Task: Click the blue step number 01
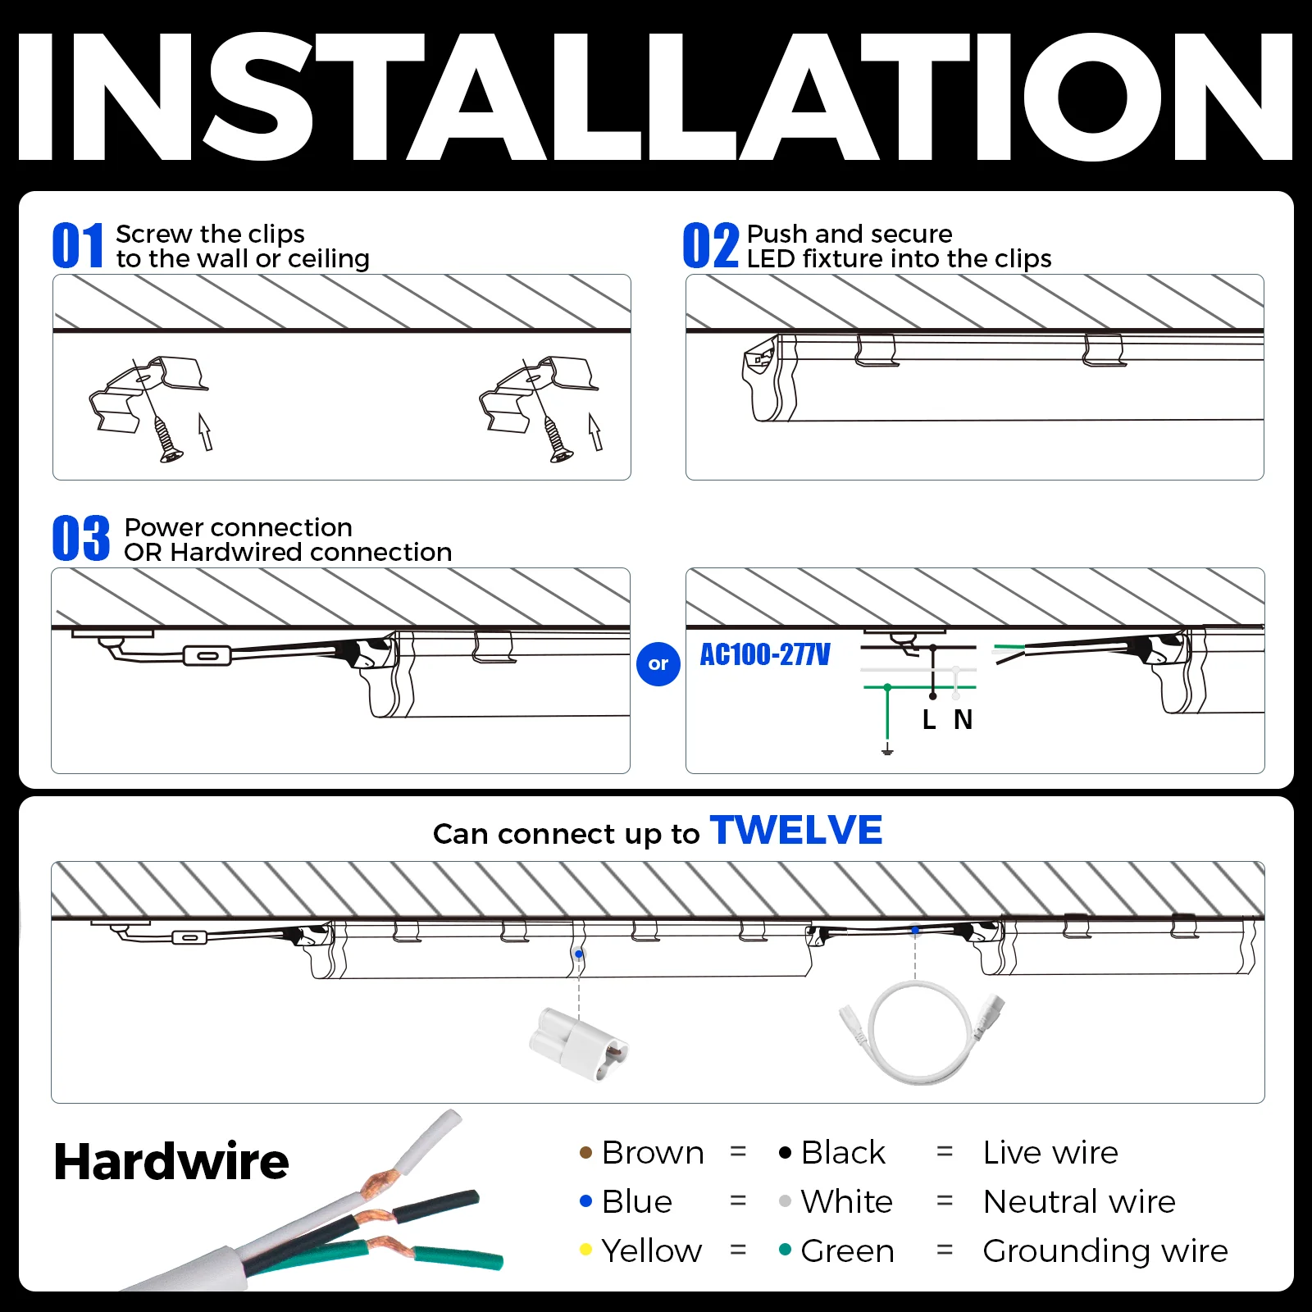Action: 78,245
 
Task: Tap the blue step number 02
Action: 710,245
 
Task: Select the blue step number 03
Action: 80,538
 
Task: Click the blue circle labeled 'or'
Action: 658,663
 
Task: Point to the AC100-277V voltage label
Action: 764,654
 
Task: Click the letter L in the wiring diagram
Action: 929,720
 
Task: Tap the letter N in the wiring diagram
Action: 963,720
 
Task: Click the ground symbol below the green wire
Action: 887,749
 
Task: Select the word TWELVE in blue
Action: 796,830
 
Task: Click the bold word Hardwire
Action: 171,1161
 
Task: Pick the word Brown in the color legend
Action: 653,1153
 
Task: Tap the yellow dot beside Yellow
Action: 585,1250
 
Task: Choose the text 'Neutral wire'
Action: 1079,1202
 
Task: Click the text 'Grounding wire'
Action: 1105,1251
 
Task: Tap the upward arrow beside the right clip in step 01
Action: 595,431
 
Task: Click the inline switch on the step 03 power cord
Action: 207,655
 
